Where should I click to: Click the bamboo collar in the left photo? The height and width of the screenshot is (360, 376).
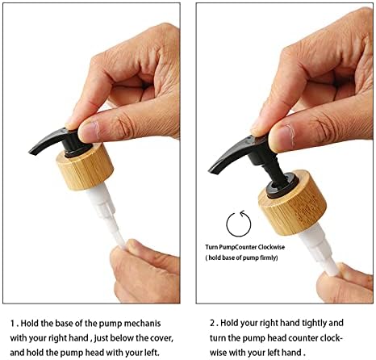(85, 167)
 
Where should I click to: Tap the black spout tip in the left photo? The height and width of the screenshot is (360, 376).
(30, 153)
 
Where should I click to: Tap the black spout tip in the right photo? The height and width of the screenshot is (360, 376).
(211, 170)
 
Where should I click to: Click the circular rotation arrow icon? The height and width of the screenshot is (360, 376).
(239, 224)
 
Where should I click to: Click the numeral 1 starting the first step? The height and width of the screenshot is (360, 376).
(12, 324)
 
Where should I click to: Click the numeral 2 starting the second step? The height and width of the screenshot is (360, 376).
(212, 323)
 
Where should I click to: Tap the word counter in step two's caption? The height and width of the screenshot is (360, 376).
(304, 338)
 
